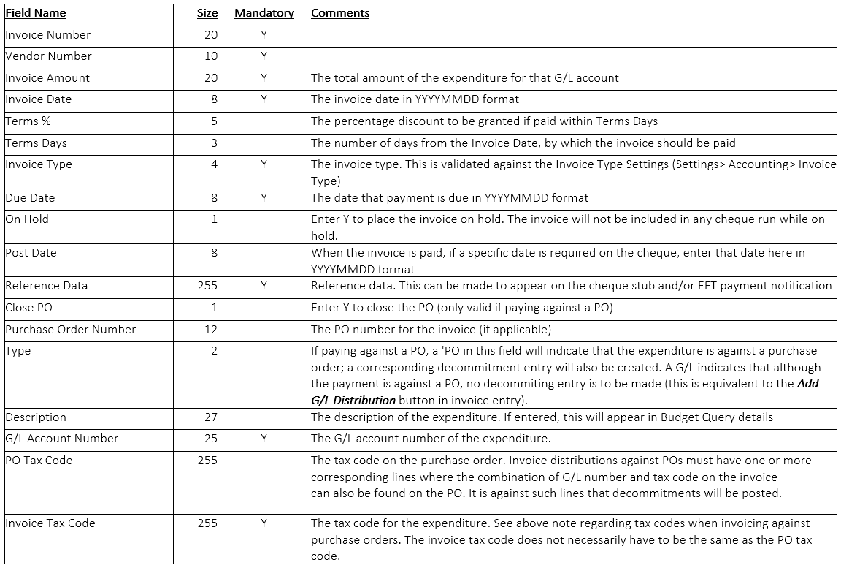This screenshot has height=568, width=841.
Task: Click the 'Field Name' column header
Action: [x=36, y=13]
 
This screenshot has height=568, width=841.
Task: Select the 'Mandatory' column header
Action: [x=264, y=13]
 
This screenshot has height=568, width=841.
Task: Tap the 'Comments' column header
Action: [x=340, y=13]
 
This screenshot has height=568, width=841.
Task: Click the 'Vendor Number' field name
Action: [x=48, y=56]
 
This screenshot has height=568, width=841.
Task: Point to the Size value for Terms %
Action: [x=214, y=121]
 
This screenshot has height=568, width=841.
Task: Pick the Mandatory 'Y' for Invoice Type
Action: [x=264, y=164]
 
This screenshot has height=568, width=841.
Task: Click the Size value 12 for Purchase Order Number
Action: [x=211, y=330]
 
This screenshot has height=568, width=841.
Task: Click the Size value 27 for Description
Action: [x=211, y=417]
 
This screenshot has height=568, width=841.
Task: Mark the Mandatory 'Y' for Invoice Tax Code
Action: [x=264, y=523]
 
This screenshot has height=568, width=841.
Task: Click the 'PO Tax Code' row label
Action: [x=39, y=461]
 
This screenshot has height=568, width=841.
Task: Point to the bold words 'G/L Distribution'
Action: [x=353, y=400]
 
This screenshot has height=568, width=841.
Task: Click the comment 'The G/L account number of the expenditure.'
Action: [x=431, y=439]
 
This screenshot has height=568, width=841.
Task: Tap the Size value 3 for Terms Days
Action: [x=214, y=143]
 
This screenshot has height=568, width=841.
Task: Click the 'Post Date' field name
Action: [x=31, y=253]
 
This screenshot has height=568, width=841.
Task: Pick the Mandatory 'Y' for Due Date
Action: [x=264, y=198]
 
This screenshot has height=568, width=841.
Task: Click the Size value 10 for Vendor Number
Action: [x=211, y=56]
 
